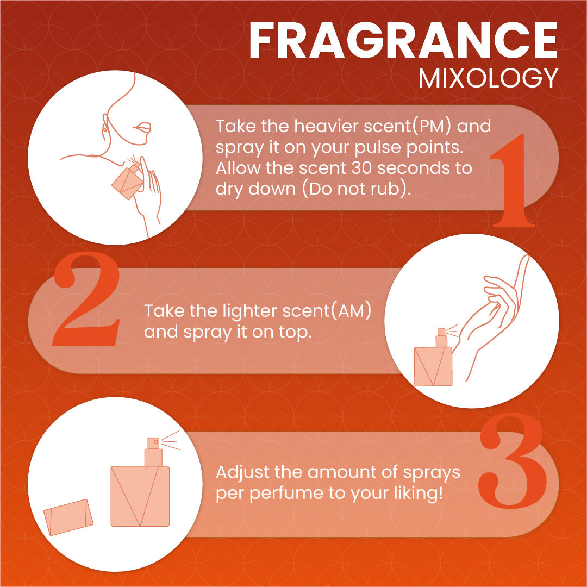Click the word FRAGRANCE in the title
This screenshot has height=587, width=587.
point(403,40)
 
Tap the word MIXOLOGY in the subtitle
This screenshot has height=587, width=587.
point(488,79)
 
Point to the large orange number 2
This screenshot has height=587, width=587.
point(86,299)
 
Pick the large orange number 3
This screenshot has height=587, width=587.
point(512,460)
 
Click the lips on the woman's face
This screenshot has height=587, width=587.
point(142,127)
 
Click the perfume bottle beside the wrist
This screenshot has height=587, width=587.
point(434,358)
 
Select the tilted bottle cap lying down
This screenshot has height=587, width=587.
point(68,517)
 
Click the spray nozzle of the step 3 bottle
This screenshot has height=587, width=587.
point(153,443)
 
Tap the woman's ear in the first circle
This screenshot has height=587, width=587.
point(105,126)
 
